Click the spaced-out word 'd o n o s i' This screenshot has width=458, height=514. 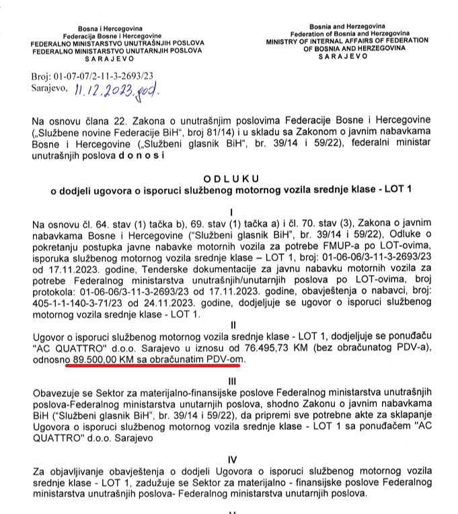(137, 155)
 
